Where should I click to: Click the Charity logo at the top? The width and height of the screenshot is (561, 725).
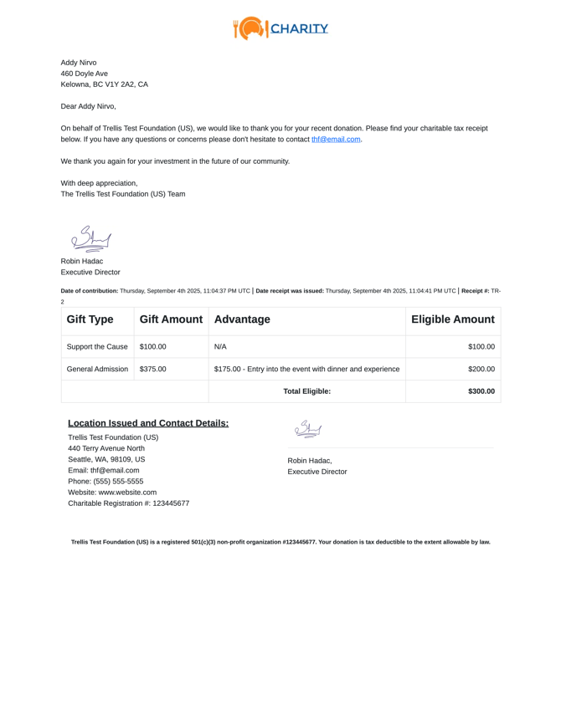[x=280, y=28]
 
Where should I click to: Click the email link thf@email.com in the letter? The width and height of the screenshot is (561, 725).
[x=336, y=140]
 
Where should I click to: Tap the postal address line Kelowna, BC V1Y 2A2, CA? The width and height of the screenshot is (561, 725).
[x=104, y=84]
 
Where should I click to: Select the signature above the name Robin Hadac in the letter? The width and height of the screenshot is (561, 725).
[x=91, y=238]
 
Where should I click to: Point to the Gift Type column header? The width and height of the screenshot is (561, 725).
[x=90, y=319]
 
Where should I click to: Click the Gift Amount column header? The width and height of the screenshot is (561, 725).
[x=171, y=319]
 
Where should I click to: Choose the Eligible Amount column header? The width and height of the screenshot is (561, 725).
[x=452, y=319]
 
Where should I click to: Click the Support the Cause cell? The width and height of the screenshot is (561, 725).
[x=97, y=346]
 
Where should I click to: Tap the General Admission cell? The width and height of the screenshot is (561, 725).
[x=97, y=369]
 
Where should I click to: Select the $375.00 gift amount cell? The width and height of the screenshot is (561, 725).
[x=153, y=369]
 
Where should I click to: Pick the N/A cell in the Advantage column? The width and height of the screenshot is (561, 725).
[x=220, y=346]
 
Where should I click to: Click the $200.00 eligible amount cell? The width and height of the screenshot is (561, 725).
[x=481, y=369]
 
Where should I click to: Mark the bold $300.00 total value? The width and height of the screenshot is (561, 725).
[x=481, y=391]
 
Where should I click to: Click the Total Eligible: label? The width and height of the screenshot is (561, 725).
[x=306, y=391]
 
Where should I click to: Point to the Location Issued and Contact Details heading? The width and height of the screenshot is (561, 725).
[x=148, y=423]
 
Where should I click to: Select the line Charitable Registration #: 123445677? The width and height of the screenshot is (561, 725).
[x=128, y=503]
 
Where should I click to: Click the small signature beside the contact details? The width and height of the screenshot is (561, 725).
[x=307, y=430]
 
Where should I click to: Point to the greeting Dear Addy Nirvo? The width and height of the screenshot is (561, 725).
[x=88, y=106]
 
